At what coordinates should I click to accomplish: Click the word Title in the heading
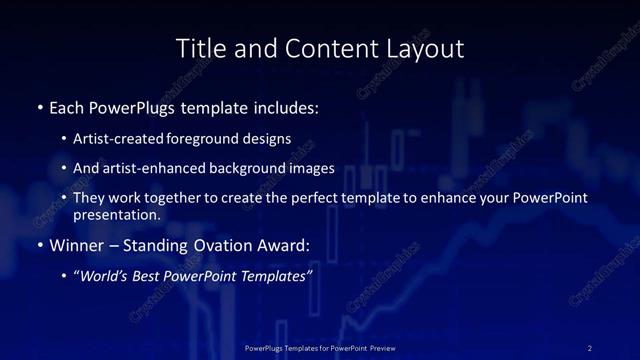click(200, 48)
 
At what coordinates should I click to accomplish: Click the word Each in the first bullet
click(67, 106)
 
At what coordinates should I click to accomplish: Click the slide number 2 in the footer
click(590, 347)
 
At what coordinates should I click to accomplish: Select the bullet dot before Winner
click(39, 245)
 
